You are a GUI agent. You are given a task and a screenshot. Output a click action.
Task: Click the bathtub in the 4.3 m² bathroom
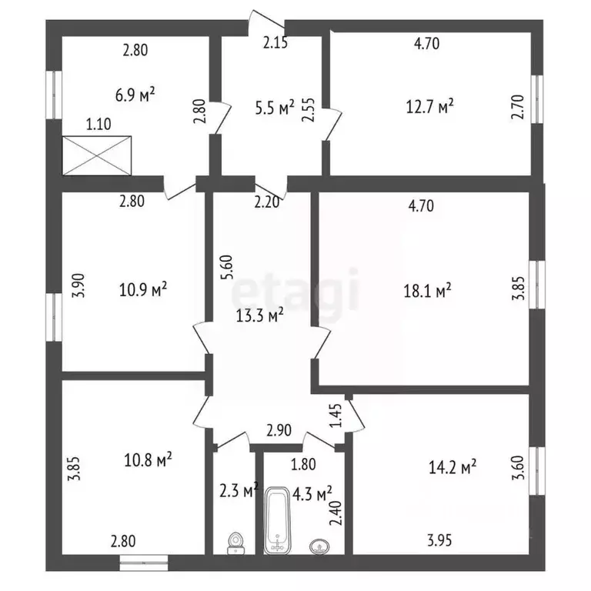tap(277, 520)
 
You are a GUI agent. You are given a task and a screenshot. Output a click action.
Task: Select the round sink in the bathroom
tap(320, 546)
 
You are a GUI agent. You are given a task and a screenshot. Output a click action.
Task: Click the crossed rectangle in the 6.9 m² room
tap(97, 155)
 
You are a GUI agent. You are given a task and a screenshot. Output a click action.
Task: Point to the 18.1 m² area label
tap(427, 291)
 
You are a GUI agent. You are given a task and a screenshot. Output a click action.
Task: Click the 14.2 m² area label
tap(452, 467)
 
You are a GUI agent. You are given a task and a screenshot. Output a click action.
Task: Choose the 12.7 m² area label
tap(429, 107)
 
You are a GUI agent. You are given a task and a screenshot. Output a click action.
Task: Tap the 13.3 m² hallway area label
tap(259, 316)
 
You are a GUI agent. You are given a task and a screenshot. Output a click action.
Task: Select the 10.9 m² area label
tap(143, 289)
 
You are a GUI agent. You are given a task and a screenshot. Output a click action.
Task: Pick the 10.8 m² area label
tap(148, 460)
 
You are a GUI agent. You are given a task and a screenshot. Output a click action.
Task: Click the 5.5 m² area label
tap(275, 109)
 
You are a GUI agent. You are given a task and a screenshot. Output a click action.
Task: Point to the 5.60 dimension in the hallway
tap(228, 267)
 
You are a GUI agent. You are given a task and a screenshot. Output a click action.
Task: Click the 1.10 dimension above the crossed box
tap(98, 124)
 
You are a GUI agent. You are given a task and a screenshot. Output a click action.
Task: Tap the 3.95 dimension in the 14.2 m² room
tap(439, 540)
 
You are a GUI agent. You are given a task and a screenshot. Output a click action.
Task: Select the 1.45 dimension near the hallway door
tap(336, 416)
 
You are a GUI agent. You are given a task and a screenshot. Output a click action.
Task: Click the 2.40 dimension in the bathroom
tap(335, 513)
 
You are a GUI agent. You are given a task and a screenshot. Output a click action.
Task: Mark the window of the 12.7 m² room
tap(537, 99)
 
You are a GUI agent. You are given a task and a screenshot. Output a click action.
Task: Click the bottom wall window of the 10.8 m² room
tap(144, 563)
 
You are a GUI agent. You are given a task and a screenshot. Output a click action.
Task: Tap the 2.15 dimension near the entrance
tap(275, 42)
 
